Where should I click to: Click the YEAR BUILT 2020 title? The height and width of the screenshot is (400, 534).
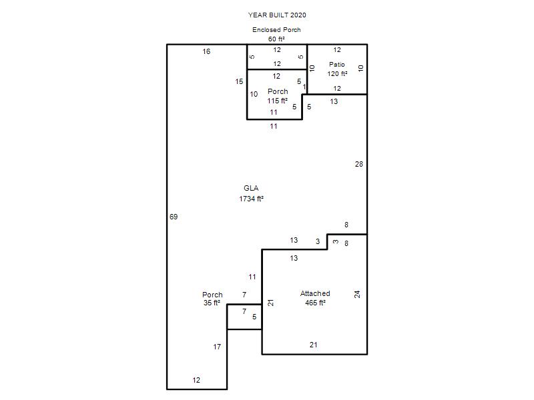277,15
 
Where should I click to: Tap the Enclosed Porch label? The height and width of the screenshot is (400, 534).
276,29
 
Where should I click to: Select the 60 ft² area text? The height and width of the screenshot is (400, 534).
276,39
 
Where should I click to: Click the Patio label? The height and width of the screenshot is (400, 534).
337,64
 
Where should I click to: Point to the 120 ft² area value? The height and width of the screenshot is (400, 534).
337,73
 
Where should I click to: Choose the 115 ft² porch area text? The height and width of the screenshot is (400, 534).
277,101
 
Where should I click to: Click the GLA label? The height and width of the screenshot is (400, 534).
251,188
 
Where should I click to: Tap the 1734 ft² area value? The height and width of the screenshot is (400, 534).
252,199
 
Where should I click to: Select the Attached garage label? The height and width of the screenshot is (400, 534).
315,293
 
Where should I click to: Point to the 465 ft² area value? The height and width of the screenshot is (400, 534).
315,303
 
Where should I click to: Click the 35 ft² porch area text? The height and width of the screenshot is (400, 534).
212,303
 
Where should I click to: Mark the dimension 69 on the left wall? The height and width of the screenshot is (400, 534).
174,217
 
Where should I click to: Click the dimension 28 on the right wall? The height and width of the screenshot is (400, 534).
358,164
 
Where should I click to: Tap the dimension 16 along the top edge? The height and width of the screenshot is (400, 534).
206,51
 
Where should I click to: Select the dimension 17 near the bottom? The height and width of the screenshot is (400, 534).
217,347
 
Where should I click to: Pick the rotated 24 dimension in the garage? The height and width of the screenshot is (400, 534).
357,294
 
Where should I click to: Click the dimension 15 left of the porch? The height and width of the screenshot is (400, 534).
239,81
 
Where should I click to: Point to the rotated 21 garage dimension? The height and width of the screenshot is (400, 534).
271,303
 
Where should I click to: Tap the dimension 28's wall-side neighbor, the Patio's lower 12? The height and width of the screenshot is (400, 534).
337,89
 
